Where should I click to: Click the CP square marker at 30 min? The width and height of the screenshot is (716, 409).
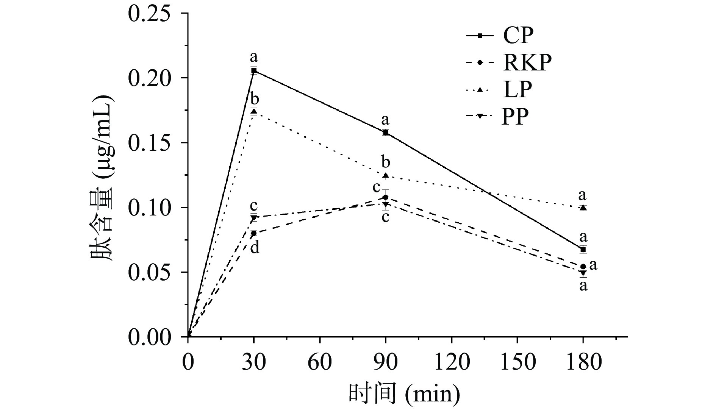[254, 70]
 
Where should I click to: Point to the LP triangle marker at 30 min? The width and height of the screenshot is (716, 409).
[254, 111]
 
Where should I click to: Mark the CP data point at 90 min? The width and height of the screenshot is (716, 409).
[386, 133]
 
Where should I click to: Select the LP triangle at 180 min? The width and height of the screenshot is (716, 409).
[583, 208]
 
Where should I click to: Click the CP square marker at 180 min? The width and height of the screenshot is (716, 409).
[583, 249]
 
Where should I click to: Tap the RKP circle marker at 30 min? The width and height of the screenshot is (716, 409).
[254, 233]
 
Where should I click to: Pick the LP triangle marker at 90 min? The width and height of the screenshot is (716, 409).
[386, 175]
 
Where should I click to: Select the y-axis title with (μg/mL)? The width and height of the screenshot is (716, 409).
[102, 176]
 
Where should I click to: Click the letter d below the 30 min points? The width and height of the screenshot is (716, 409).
[255, 248]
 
